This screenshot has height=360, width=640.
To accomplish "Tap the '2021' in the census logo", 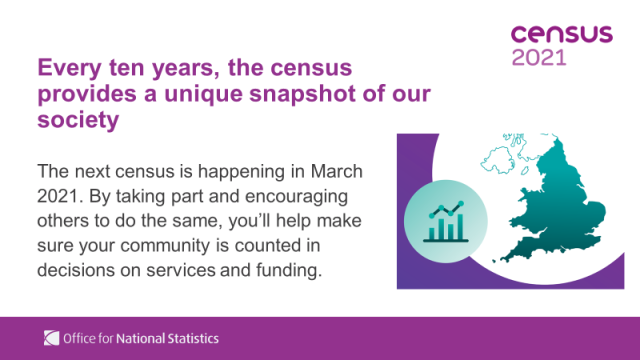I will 538,57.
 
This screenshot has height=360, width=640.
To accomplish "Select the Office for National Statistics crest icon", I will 51,338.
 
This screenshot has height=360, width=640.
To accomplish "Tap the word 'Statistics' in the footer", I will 195,338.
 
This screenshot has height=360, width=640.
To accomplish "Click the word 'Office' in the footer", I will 80,338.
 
